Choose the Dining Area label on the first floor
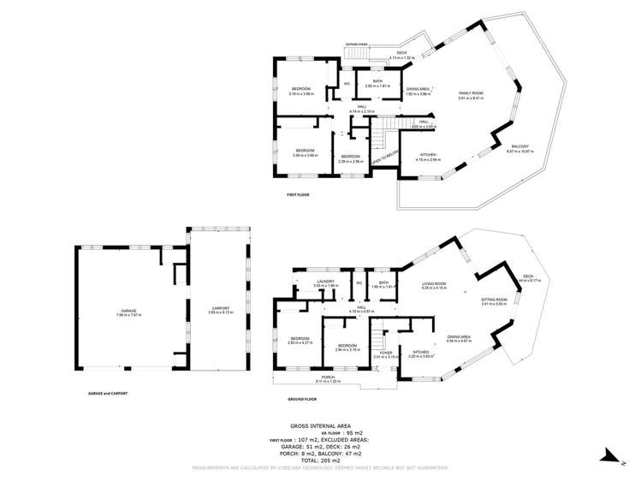click(418, 90)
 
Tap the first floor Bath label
click(377, 84)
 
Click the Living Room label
click(435, 285)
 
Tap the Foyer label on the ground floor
click(386, 353)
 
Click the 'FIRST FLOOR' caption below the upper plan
click(298, 196)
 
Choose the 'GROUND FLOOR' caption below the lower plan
click(302, 399)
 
